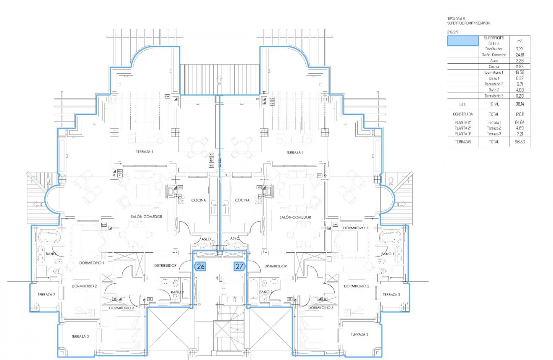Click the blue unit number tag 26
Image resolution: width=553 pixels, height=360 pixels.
200,266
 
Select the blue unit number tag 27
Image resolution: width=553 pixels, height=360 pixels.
239,266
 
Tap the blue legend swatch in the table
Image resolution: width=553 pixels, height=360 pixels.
463,41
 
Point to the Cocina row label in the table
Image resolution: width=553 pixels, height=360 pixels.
493,67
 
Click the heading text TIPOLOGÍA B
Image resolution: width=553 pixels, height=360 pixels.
456,19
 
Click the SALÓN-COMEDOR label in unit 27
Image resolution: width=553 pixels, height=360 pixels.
295,218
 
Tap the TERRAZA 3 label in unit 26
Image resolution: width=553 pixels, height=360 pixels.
80,336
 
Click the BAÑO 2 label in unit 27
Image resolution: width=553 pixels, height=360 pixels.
266,292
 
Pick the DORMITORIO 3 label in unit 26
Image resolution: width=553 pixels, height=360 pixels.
121,308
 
